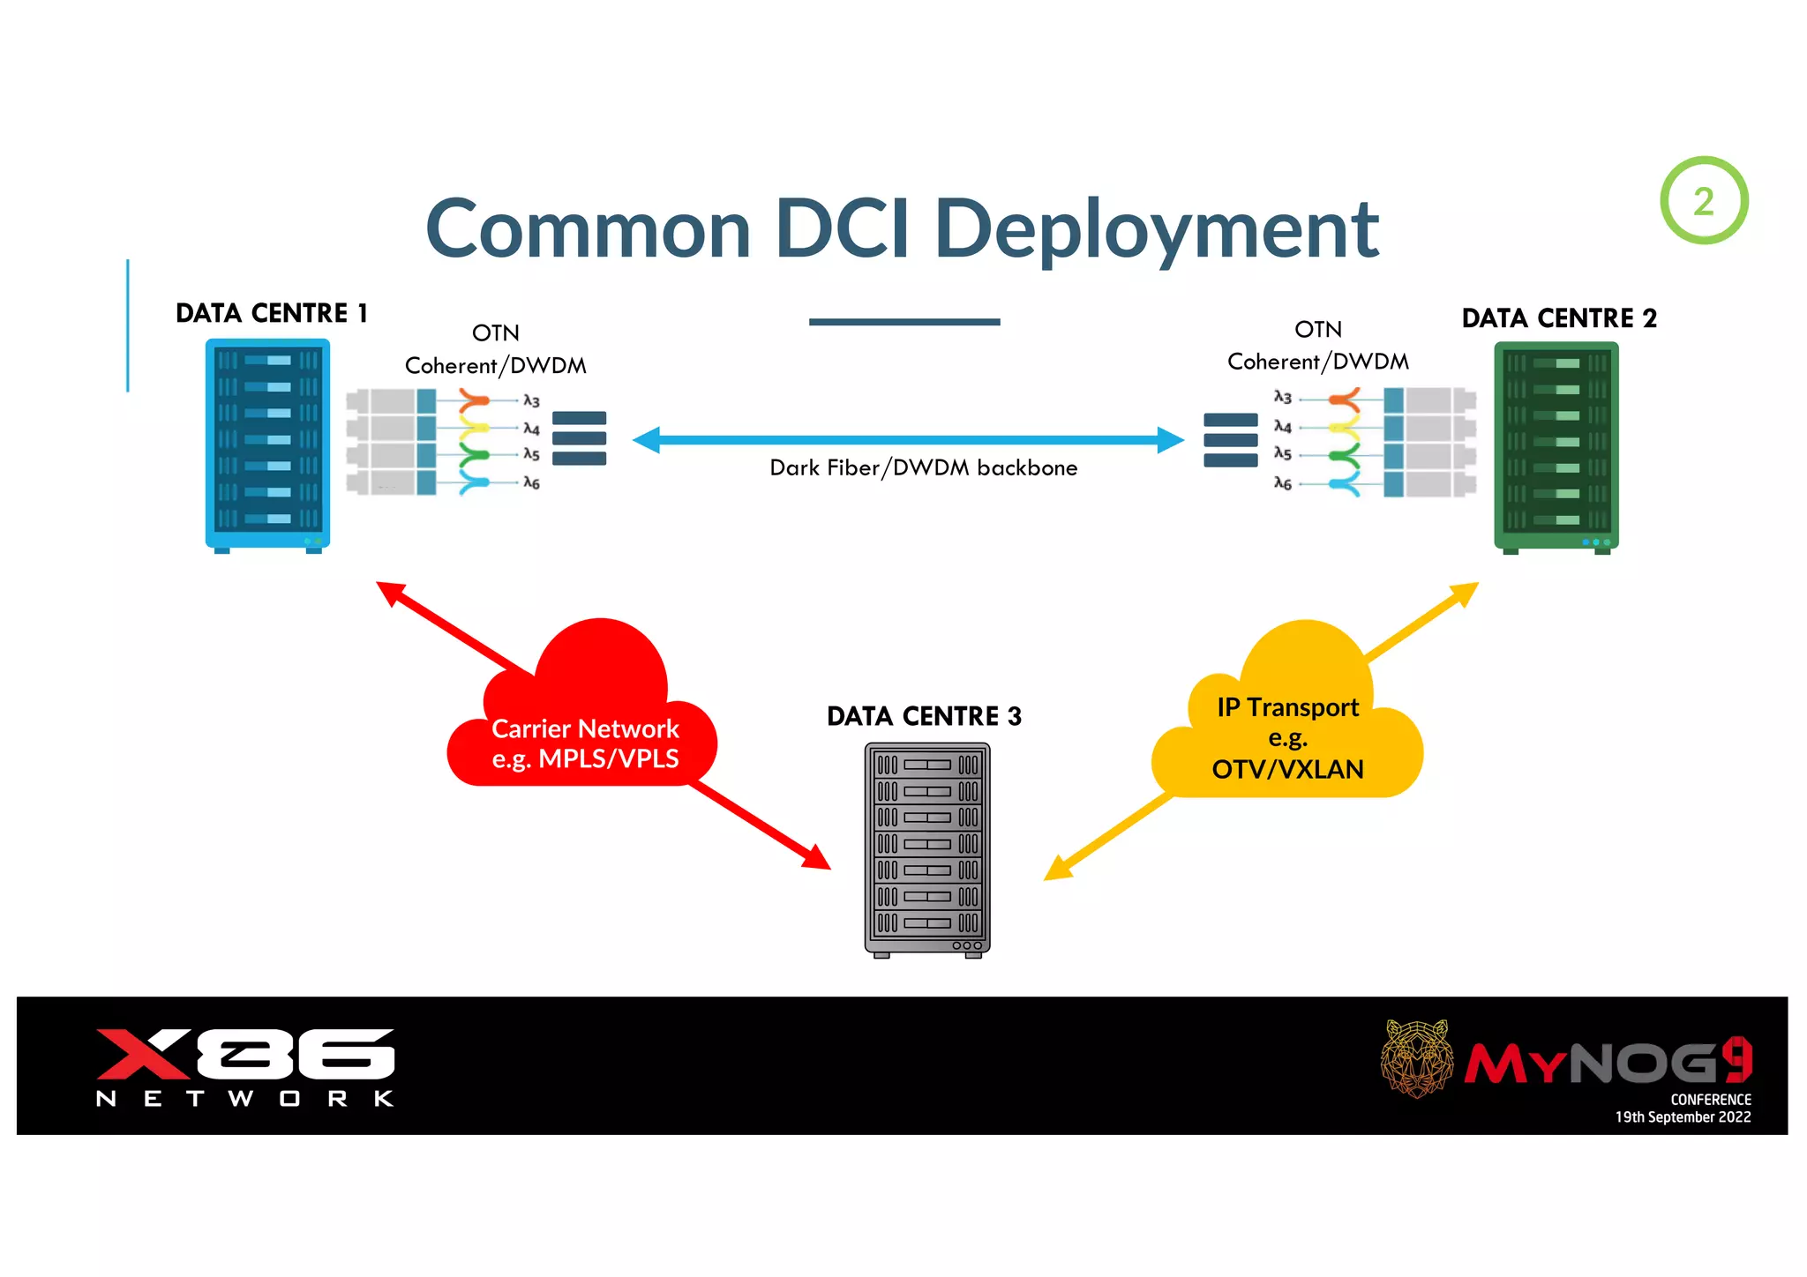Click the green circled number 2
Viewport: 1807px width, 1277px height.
(1703, 201)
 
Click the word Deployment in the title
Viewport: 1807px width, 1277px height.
(1156, 231)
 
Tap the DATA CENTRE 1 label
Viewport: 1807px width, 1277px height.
(271, 313)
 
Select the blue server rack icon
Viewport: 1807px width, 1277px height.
(267, 444)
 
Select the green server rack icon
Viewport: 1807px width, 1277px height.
(1556, 446)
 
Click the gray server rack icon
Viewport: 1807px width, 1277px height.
(926, 849)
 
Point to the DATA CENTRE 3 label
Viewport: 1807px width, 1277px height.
(924, 716)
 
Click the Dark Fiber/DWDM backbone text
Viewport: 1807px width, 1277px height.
(923, 467)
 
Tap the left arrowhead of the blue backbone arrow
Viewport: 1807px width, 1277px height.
(647, 439)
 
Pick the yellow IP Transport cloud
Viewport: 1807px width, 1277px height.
(1288, 723)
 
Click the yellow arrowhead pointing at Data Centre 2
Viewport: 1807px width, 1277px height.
(1465, 593)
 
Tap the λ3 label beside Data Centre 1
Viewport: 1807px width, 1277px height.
(531, 401)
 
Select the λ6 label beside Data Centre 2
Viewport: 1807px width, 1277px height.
(1282, 483)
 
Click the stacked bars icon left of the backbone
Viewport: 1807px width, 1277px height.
(579, 438)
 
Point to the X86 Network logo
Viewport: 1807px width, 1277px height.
(245, 1065)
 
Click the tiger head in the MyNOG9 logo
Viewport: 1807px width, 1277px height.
(1416, 1057)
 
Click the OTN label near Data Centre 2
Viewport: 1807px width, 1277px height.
(1317, 330)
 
